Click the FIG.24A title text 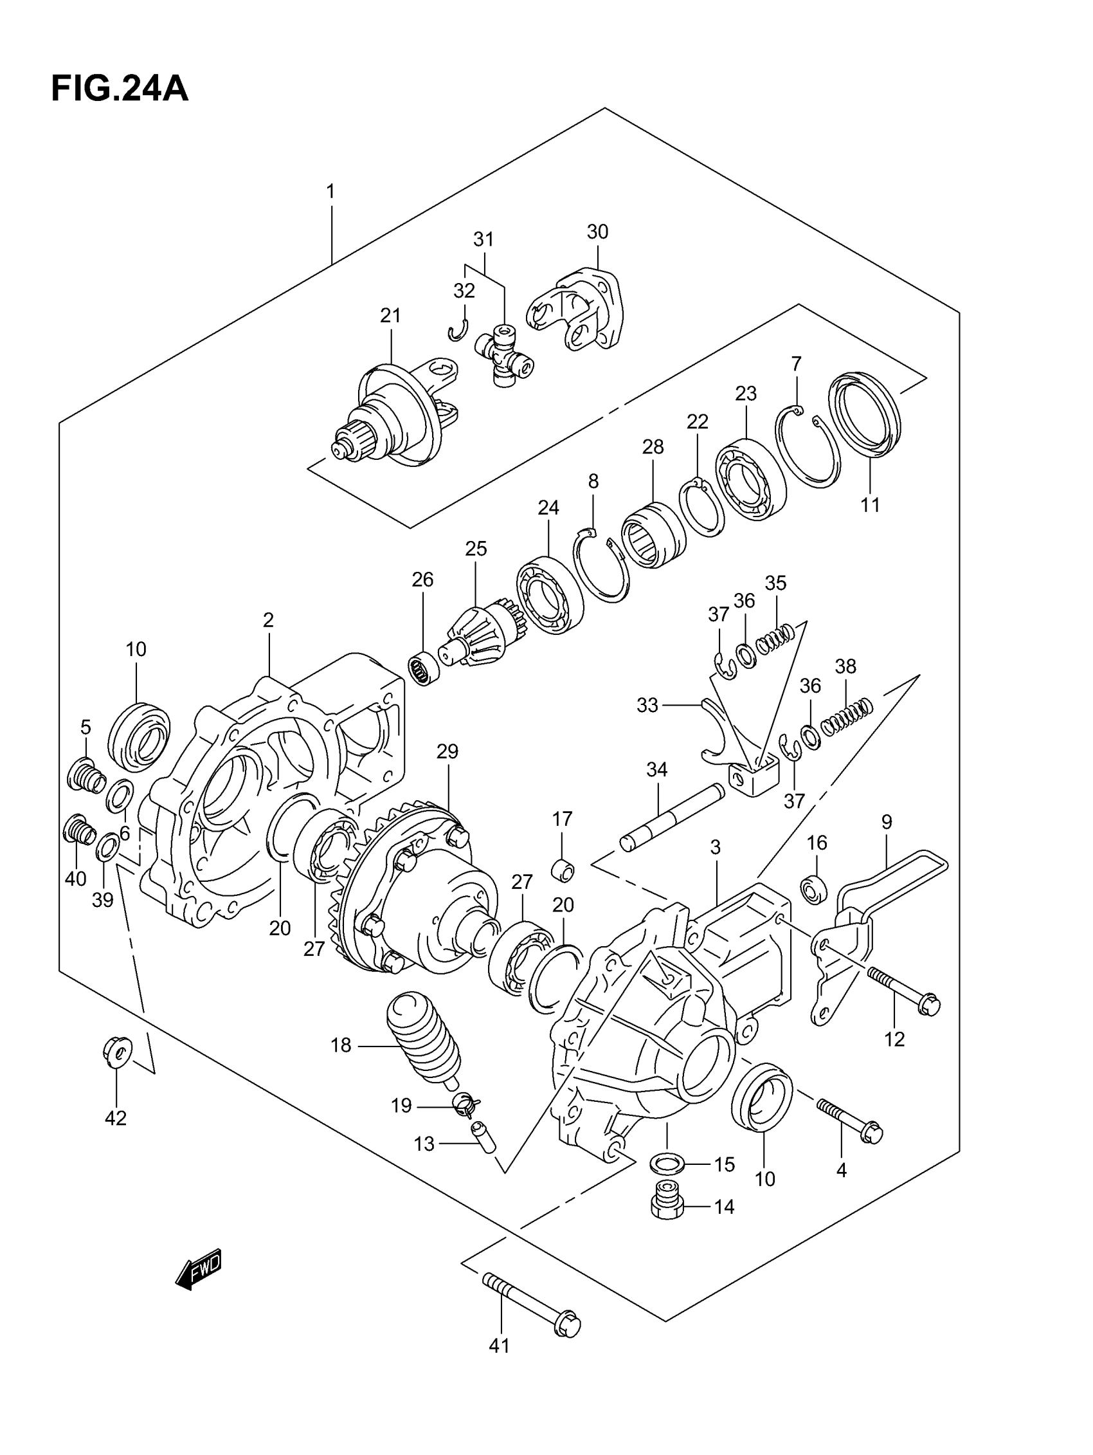click(120, 89)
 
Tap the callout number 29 click(447, 751)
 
